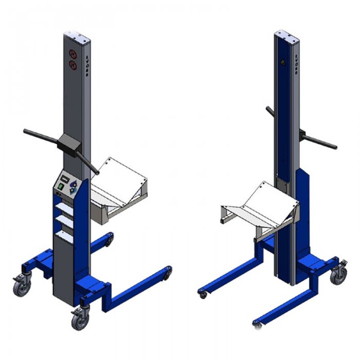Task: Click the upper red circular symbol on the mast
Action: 73,54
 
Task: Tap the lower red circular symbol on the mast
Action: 73,65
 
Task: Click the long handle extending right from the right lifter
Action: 321,141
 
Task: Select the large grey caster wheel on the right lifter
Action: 338,276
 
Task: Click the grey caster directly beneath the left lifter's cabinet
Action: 80,320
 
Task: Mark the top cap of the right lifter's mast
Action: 286,34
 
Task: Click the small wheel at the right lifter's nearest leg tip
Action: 257,325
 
